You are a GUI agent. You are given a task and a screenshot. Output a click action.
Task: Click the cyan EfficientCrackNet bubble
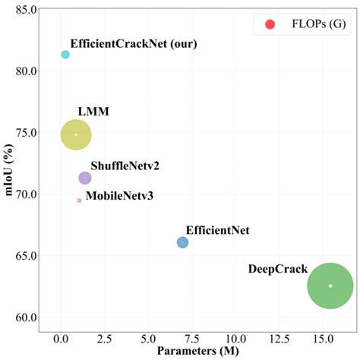[x=65, y=55]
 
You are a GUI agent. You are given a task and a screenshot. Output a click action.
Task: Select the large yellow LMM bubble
[x=76, y=134]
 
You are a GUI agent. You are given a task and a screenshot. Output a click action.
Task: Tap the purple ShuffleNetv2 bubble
[x=85, y=178]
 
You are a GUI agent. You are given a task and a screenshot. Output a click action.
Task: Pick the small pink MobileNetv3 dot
[x=79, y=201]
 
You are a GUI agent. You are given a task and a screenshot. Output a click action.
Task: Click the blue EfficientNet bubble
[x=182, y=242]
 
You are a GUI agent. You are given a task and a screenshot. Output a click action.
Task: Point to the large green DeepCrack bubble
[x=330, y=286]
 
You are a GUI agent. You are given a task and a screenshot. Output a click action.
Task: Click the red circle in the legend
[x=269, y=25]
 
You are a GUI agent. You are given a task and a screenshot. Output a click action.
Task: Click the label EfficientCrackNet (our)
[x=134, y=43]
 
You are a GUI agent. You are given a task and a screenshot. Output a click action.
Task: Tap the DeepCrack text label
[x=276, y=269]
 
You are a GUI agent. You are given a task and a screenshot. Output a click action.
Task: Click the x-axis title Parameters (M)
[x=199, y=352]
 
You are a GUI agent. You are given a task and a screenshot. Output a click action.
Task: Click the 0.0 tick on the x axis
[x=61, y=336]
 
